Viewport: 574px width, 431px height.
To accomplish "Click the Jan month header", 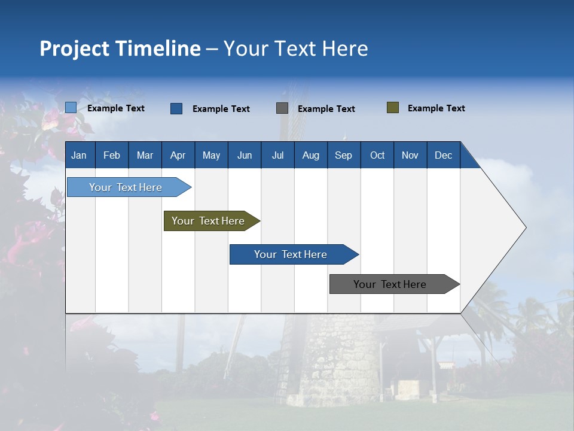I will tap(80, 155).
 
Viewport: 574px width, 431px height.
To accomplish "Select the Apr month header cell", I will tap(178, 155).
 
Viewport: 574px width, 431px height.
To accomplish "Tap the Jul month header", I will tap(277, 155).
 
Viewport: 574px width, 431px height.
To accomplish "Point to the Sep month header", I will tap(343, 155).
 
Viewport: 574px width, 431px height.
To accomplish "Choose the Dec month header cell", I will tap(443, 155).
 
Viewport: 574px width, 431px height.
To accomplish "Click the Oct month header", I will tap(377, 155).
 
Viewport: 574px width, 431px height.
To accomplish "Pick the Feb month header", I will tap(112, 155).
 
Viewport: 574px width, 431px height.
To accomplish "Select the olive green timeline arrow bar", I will tap(209, 221).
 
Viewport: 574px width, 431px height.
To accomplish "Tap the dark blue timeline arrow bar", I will tap(291, 254).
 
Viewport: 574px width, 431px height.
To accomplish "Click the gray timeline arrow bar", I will tap(390, 284).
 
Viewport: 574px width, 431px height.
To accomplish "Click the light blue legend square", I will tap(71, 108).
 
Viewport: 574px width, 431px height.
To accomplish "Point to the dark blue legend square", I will tap(176, 108).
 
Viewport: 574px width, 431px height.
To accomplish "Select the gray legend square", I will tap(282, 108).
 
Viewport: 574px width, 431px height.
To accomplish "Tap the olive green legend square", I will tap(392, 108).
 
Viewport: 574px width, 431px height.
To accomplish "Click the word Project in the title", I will tap(74, 48).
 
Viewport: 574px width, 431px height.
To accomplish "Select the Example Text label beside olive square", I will tap(436, 108).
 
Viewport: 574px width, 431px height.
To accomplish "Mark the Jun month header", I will tap(244, 155).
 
